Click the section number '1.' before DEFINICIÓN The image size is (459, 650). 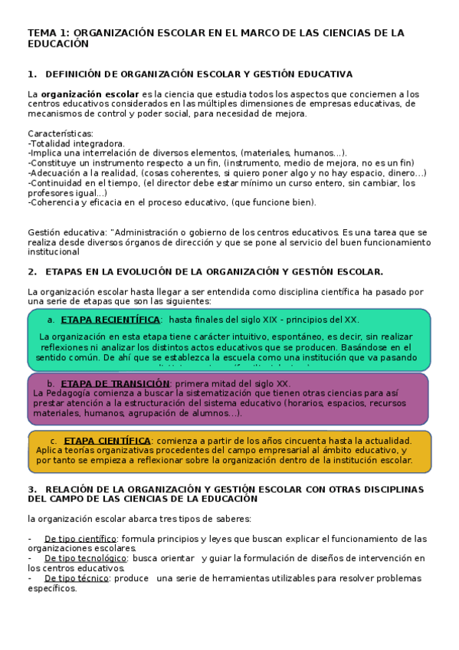32,74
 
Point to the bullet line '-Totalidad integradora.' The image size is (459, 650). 76,143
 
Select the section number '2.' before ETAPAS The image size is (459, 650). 32,271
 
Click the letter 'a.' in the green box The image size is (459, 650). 51,320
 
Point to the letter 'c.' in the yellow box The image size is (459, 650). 54,441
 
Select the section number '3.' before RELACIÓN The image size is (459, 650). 32,489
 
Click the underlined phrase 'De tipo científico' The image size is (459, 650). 80,538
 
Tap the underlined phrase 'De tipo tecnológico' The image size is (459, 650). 84,558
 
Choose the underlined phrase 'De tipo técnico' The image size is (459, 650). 77,578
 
